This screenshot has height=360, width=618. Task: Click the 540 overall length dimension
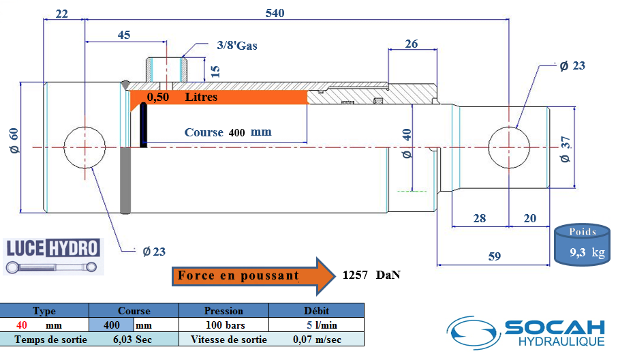275,13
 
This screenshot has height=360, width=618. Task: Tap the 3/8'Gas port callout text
237,46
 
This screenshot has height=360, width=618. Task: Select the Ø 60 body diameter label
14,140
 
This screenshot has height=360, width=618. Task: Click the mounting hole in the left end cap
84,147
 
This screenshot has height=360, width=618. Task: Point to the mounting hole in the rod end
509,147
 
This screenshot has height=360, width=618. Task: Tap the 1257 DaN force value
371,275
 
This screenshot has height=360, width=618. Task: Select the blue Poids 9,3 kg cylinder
582,245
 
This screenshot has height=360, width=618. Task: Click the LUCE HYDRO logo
53,256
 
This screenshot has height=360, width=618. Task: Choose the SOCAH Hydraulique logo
527,333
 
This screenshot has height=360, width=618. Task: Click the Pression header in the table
223,311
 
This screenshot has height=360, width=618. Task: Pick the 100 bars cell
226,325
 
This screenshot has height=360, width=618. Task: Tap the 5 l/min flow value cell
322,325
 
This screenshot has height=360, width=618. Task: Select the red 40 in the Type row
22,325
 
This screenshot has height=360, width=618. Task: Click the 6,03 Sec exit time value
132,340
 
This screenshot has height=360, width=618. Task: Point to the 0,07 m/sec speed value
318,340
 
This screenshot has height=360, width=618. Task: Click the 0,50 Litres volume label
182,97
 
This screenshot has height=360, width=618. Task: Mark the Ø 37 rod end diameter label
565,149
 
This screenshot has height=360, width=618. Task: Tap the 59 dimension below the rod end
494,256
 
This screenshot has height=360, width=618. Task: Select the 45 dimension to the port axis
124,35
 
